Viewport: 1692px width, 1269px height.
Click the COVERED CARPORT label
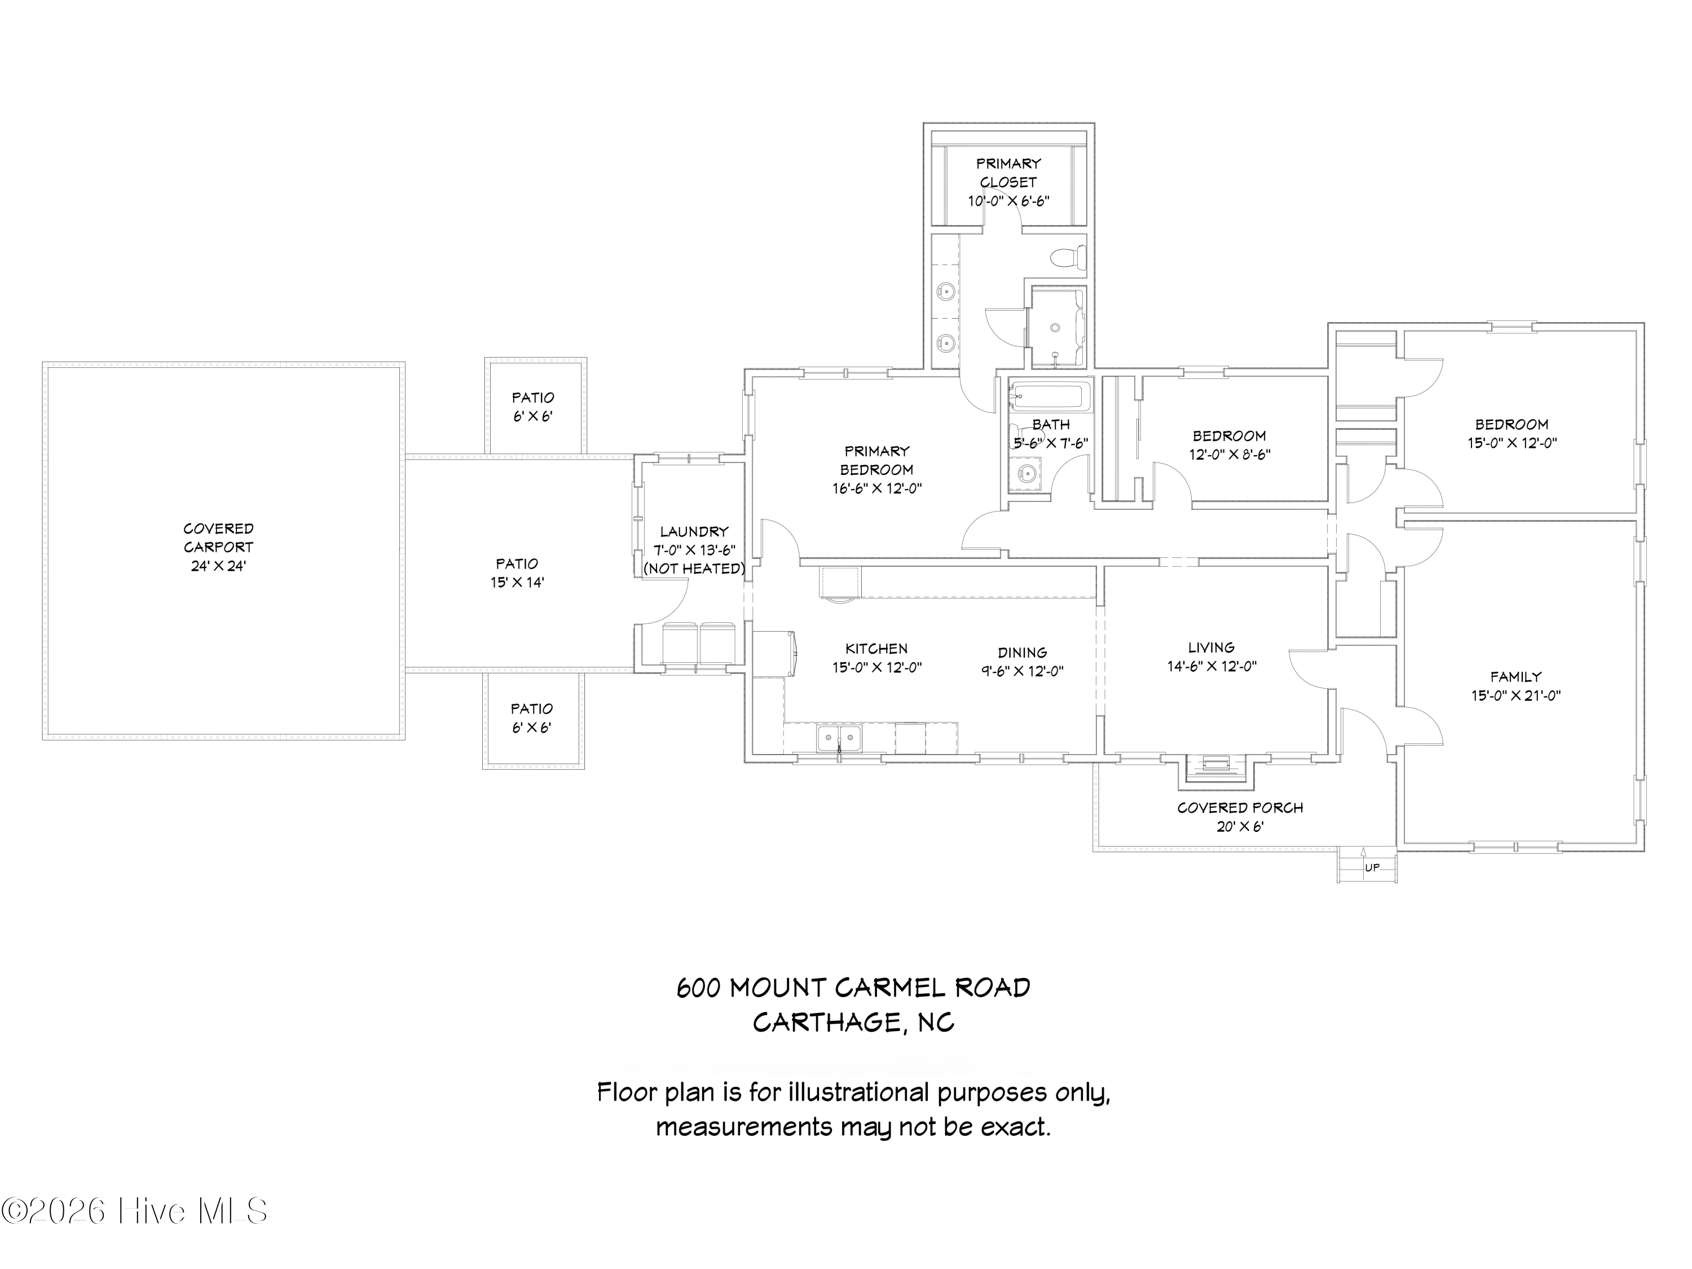coord(218,537)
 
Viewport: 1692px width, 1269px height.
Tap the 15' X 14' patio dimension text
coord(517,582)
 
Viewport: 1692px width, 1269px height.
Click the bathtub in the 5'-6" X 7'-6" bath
coord(1048,397)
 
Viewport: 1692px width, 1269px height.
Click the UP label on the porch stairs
coord(1372,867)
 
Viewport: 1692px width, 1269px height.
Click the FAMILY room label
coord(1515,677)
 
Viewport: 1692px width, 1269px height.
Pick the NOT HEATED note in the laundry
coord(694,569)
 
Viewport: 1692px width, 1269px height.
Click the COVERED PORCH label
coord(1240,808)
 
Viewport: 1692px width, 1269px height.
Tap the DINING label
coord(1022,653)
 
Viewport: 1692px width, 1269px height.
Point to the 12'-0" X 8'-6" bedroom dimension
coord(1229,455)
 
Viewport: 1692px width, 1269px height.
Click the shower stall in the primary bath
coord(1056,327)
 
